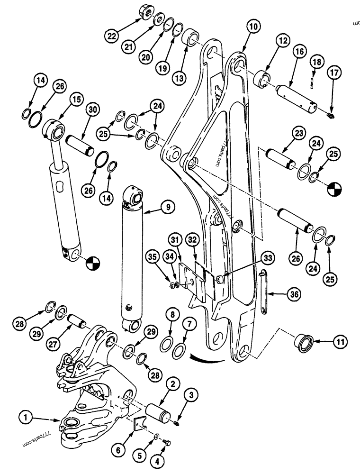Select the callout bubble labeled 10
coord(253,27)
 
